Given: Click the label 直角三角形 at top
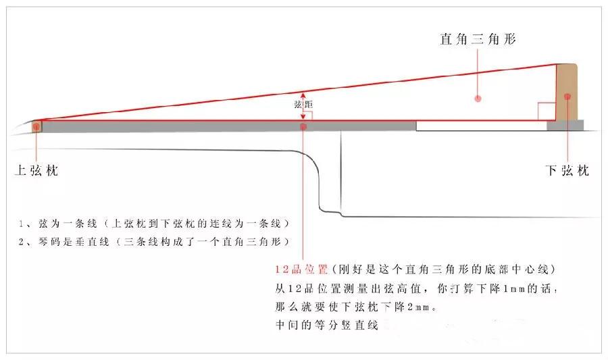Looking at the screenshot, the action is click(478, 39).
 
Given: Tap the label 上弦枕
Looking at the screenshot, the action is click(36, 170).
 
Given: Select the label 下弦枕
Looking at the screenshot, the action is click(567, 170).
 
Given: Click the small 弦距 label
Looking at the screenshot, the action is click(303, 104).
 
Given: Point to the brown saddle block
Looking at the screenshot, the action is click(567, 93).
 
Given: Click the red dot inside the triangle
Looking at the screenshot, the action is click(478, 99).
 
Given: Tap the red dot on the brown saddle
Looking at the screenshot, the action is click(567, 97).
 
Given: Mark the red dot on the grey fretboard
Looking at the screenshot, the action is click(303, 127).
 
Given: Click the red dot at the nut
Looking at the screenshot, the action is click(36, 126).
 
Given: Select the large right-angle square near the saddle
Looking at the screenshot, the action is click(547, 111).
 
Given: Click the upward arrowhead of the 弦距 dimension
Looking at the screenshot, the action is click(303, 94).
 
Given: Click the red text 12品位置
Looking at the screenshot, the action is click(302, 269).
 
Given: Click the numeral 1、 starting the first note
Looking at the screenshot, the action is click(24, 224).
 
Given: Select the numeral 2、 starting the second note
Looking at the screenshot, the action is click(24, 242).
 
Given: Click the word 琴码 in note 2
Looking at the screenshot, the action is click(49, 242).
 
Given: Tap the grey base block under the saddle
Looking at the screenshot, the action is click(565, 125).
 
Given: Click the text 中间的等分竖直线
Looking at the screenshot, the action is click(326, 325).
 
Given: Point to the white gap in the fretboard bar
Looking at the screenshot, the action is click(482, 126).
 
